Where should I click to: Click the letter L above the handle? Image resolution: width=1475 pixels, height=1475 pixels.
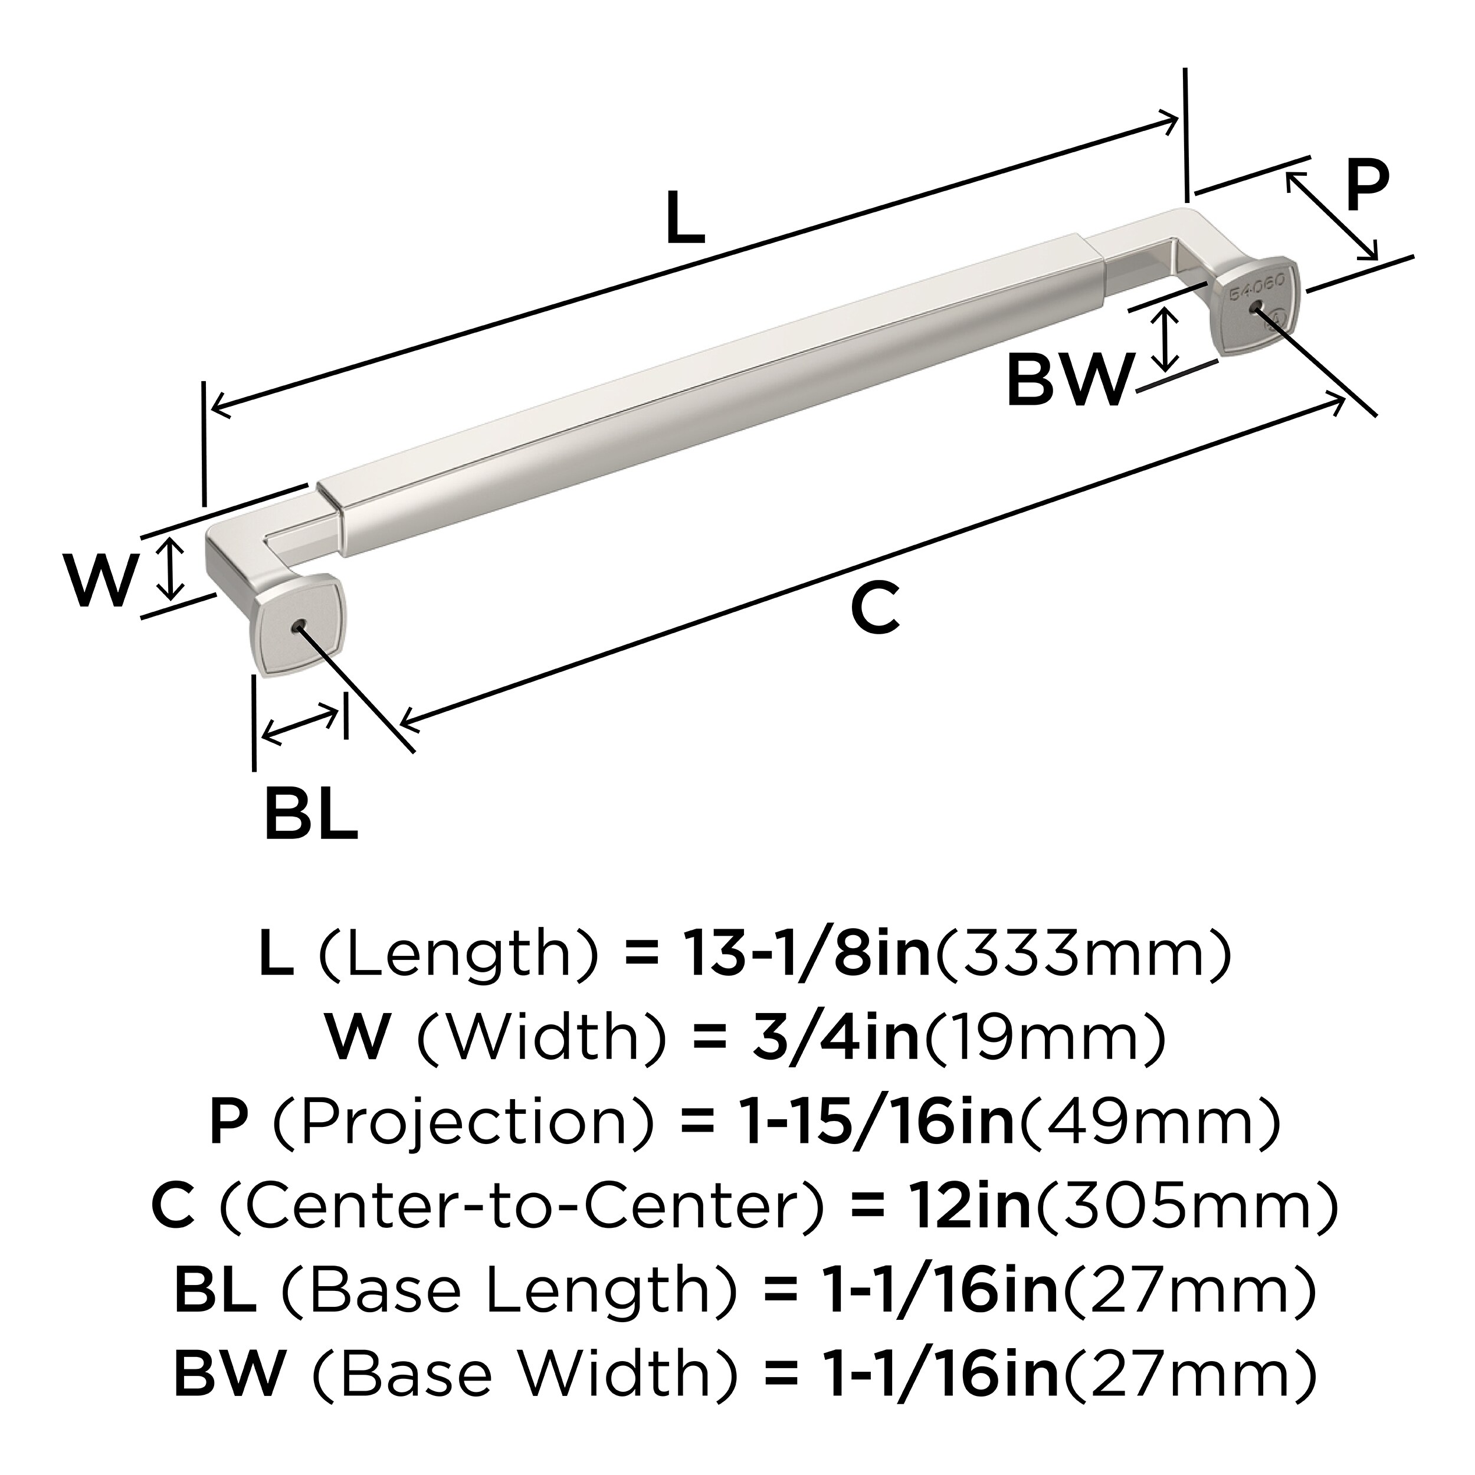pos(685,218)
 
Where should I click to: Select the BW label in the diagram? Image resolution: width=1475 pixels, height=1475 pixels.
pos(1067,382)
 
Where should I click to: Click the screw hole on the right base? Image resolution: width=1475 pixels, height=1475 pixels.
pos(1252,309)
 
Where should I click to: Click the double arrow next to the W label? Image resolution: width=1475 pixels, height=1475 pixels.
pos(175,567)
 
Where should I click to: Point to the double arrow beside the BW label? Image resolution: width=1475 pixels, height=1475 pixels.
pos(1164,340)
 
